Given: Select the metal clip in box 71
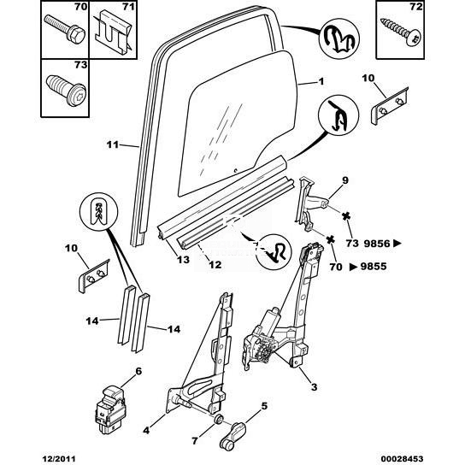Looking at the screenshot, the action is pyautogui.click(x=114, y=33).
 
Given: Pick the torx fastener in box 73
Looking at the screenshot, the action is pyautogui.click(x=66, y=90).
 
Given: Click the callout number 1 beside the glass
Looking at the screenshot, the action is pyautogui.click(x=321, y=81).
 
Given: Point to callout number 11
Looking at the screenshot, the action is pyautogui.click(x=113, y=144).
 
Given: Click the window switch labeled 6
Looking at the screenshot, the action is pyautogui.click(x=110, y=409).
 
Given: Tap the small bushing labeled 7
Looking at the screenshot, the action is pyautogui.click(x=218, y=420).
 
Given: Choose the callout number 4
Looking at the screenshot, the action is pyautogui.click(x=146, y=431).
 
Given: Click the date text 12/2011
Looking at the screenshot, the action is pyautogui.click(x=58, y=459).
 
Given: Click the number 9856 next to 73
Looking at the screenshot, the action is pyautogui.click(x=377, y=244).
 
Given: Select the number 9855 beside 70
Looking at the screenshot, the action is pyautogui.click(x=374, y=267).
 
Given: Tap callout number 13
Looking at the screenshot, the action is pyautogui.click(x=183, y=260).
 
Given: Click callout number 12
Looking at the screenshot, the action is pyautogui.click(x=215, y=264).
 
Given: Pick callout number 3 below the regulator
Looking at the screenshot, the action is pyautogui.click(x=314, y=387).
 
